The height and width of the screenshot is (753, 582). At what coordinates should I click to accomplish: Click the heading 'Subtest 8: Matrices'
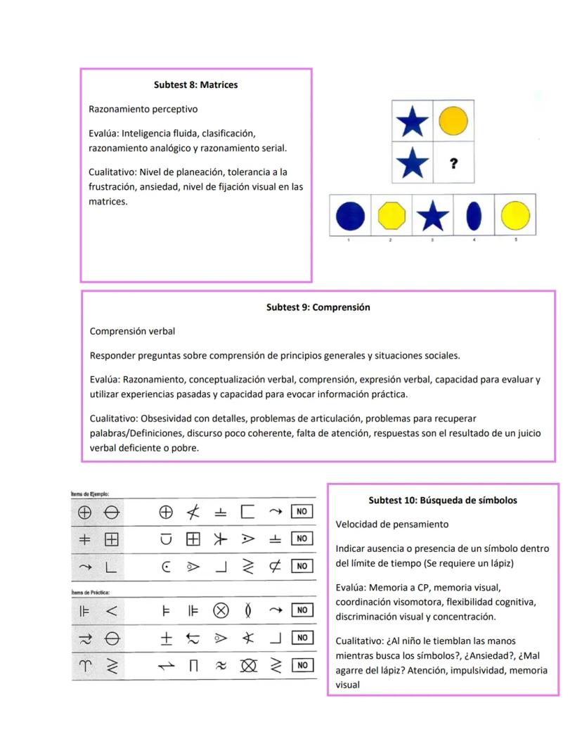(x=195, y=85)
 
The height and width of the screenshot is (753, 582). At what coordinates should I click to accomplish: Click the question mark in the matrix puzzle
(x=453, y=163)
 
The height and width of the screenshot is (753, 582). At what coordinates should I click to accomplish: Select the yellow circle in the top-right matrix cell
(x=453, y=121)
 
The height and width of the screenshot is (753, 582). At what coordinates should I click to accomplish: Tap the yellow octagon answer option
(x=392, y=216)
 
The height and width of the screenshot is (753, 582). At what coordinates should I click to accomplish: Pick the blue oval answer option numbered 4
(x=474, y=216)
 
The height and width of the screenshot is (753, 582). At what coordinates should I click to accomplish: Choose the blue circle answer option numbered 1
(x=350, y=216)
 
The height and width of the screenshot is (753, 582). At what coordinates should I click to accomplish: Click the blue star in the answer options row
(x=432, y=216)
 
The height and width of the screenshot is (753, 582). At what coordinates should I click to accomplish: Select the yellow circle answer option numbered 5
(x=515, y=216)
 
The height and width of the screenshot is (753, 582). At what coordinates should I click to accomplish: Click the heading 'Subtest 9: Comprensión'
(x=318, y=307)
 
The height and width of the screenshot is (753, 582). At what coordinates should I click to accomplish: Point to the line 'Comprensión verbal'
(x=132, y=331)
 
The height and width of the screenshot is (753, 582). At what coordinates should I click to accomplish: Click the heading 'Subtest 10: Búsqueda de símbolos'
(x=443, y=501)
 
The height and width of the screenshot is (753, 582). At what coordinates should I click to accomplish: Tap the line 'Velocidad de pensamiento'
(x=392, y=524)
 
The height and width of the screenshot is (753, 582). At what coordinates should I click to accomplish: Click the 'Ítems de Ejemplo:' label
(x=90, y=494)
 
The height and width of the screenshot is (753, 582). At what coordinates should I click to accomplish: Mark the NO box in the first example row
(x=302, y=512)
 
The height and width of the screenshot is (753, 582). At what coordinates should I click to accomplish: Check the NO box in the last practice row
(x=302, y=665)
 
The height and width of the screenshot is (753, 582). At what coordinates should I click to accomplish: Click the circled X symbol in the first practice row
(x=221, y=610)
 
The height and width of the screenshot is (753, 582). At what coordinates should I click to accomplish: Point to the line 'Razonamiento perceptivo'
(x=143, y=109)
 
